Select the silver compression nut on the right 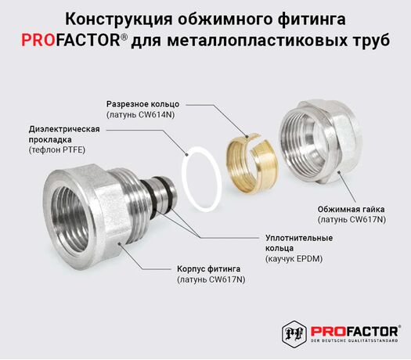tap(321, 142)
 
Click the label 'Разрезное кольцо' tap(142, 104)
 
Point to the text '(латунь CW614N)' tap(140, 115)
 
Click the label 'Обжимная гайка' tap(352, 209)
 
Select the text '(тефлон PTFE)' tap(57, 149)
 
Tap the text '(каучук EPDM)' tap(294, 259)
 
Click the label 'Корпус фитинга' tap(209, 268)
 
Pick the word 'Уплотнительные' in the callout tap(299, 238)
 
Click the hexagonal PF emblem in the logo tap(294, 333)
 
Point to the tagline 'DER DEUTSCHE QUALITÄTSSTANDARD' tap(354, 340)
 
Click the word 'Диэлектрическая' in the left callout tap(64, 129)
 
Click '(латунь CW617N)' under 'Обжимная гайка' tap(352, 220)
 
